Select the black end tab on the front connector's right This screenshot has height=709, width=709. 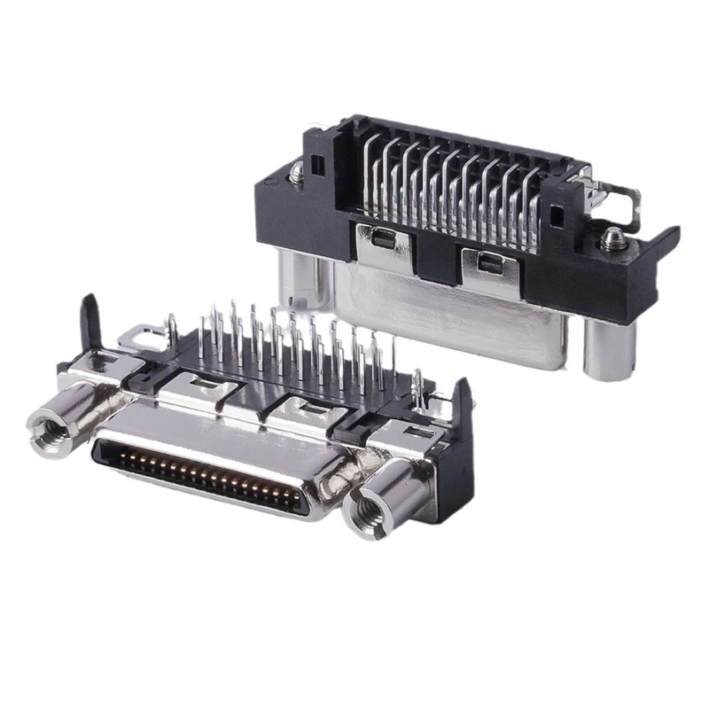pyautogui.click(x=461, y=434)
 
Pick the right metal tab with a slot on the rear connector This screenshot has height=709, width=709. pyautogui.click(x=487, y=263)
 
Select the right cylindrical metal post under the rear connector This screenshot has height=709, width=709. pyautogui.click(x=608, y=350)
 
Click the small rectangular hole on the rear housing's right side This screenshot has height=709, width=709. pyautogui.click(x=555, y=214)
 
